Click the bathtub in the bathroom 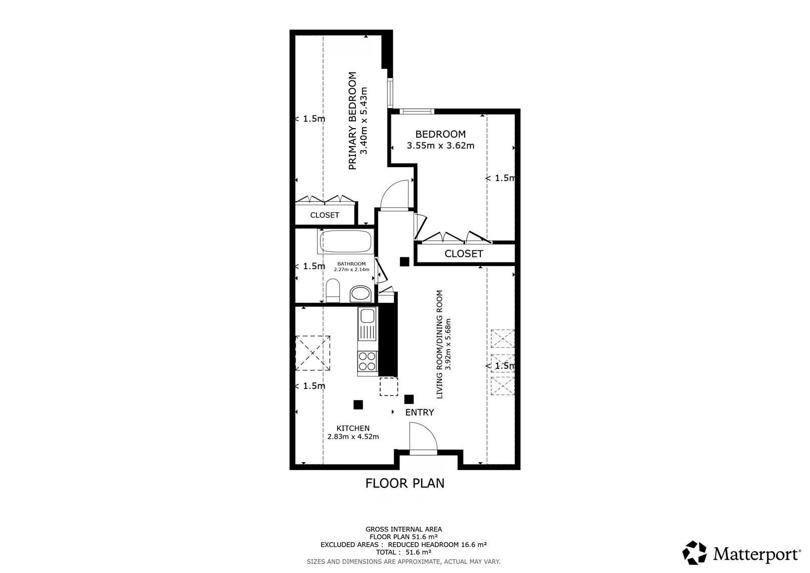pyautogui.click(x=345, y=241)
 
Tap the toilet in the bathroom pyautogui.click(x=333, y=290)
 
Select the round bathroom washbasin pyautogui.click(x=360, y=293)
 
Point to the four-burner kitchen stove pyautogui.click(x=367, y=362)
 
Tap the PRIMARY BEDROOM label pyautogui.click(x=352, y=121)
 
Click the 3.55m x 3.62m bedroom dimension pyautogui.click(x=440, y=145)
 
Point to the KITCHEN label pyautogui.click(x=353, y=428)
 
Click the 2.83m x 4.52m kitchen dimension pyautogui.click(x=353, y=437)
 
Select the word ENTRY pyautogui.click(x=420, y=412)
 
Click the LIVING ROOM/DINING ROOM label pyautogui.click(x=439, y=344)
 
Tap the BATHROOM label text pyautogui.click(x=351, y=264)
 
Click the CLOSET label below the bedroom pyautogui.click(x=464, y=254)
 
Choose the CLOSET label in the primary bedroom pyautogui.click(x=325, y=215)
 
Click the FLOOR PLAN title pyautogui.click(x=404, y=483)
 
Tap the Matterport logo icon pyautogui.click(x=694, y=553)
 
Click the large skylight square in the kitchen pyautogui.click(x=313, y=353)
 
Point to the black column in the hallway pyautogui.click(x=404, y=261)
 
